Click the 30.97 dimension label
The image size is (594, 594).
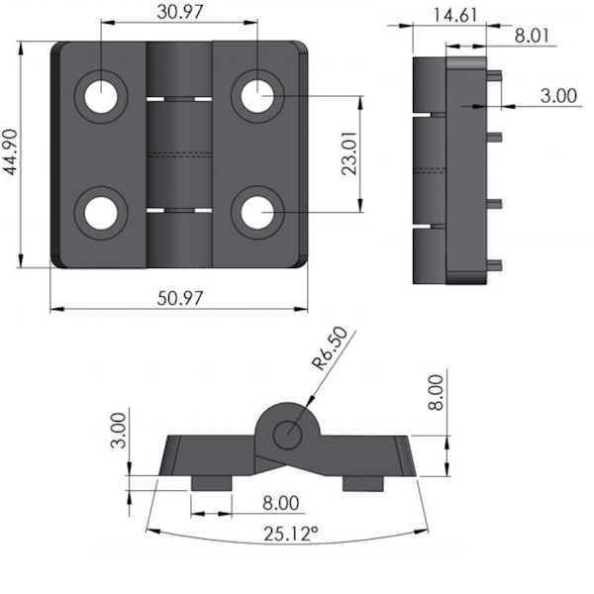pyautogui.click(x=180, y=12)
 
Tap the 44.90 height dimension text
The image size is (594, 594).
pyautogui.click(x=11, y=151)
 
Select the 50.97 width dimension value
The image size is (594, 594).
pyautogui.click(x=180, y=298)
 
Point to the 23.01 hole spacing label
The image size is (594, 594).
pyautogui.click(x=348, y=153)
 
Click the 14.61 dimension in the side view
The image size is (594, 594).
pyautogui.click(x=454, y=16)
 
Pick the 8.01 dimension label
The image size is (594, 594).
pyautogui.click(x=532, y=36)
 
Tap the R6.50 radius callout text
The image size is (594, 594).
pyautogui.click(x=330, y=348)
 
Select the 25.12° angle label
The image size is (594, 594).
pyautogui.click(x=290, y=535)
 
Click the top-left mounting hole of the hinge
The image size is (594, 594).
pyautogui.click(x=100, y=97)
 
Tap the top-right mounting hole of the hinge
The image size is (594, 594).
pyautogui.click(x=257, y=97)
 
